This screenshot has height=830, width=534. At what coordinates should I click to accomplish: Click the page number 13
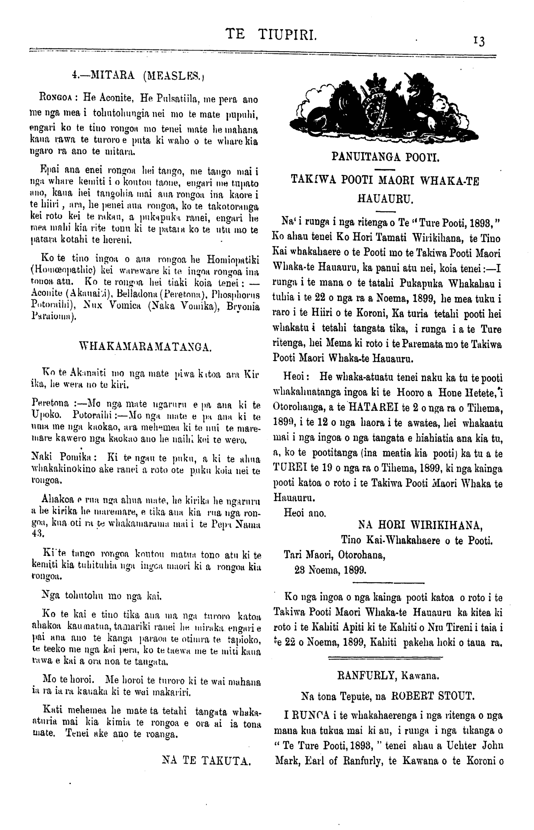(x=479, y=41)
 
